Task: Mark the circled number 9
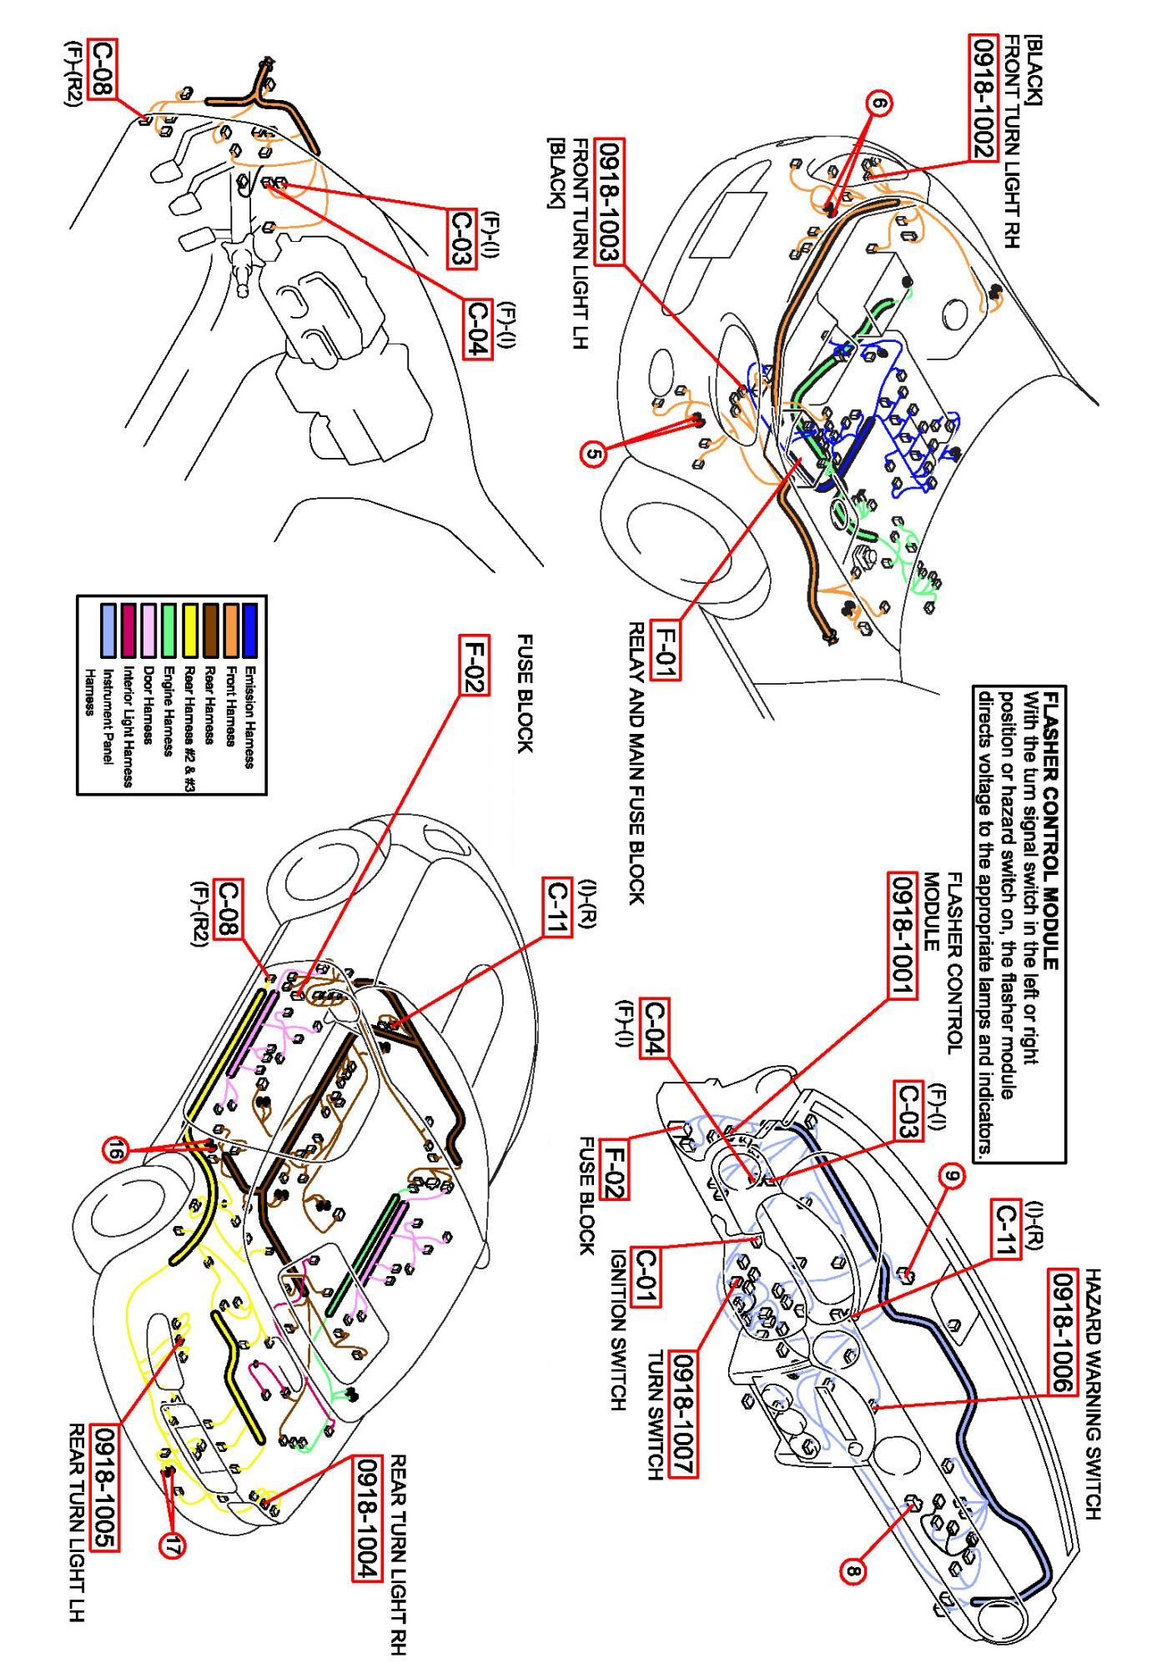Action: [951, 1177]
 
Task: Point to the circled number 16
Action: [114, 1152]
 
